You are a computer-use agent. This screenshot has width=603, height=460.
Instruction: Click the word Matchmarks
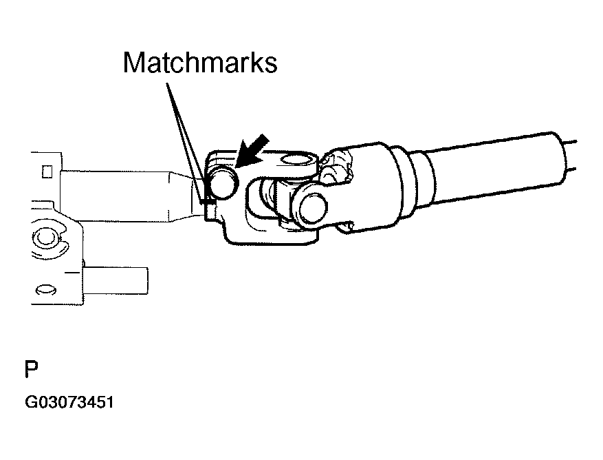200,63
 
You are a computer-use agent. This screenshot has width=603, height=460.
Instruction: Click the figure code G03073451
69,401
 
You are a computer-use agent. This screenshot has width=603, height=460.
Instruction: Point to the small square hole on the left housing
47,169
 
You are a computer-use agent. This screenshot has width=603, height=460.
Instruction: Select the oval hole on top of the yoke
295,161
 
